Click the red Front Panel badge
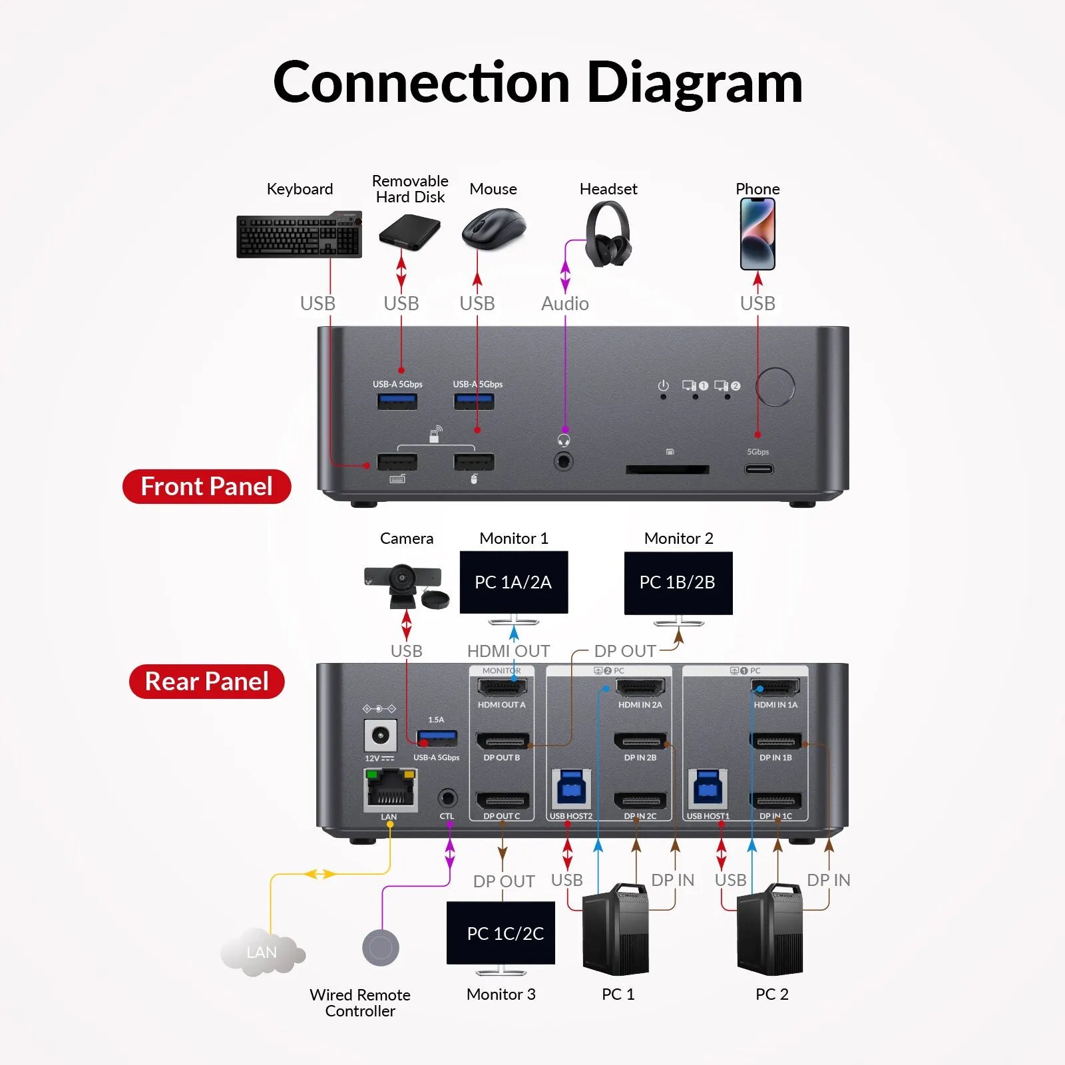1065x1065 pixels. [206, 487]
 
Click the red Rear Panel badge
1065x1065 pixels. [206, 682]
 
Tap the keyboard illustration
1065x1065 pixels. [299, 235]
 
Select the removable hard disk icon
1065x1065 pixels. [409, 232]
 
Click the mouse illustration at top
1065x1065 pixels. [493, 228]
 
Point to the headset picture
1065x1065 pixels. [608, 234]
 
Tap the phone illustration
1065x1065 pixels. [757, 234]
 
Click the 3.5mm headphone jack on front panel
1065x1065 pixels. [564, 461]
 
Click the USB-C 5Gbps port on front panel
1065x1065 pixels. [758, 469]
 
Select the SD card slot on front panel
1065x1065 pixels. [667, 469]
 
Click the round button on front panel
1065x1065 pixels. [775, 387]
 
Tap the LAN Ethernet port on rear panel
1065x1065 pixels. [390, 790]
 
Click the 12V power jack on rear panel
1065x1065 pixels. [380, 736]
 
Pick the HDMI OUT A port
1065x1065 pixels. [502, 687]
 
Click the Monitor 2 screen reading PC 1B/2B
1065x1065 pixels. [678, 582]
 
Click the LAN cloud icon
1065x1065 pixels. [261, 953]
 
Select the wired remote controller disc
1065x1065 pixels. [381, 947]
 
